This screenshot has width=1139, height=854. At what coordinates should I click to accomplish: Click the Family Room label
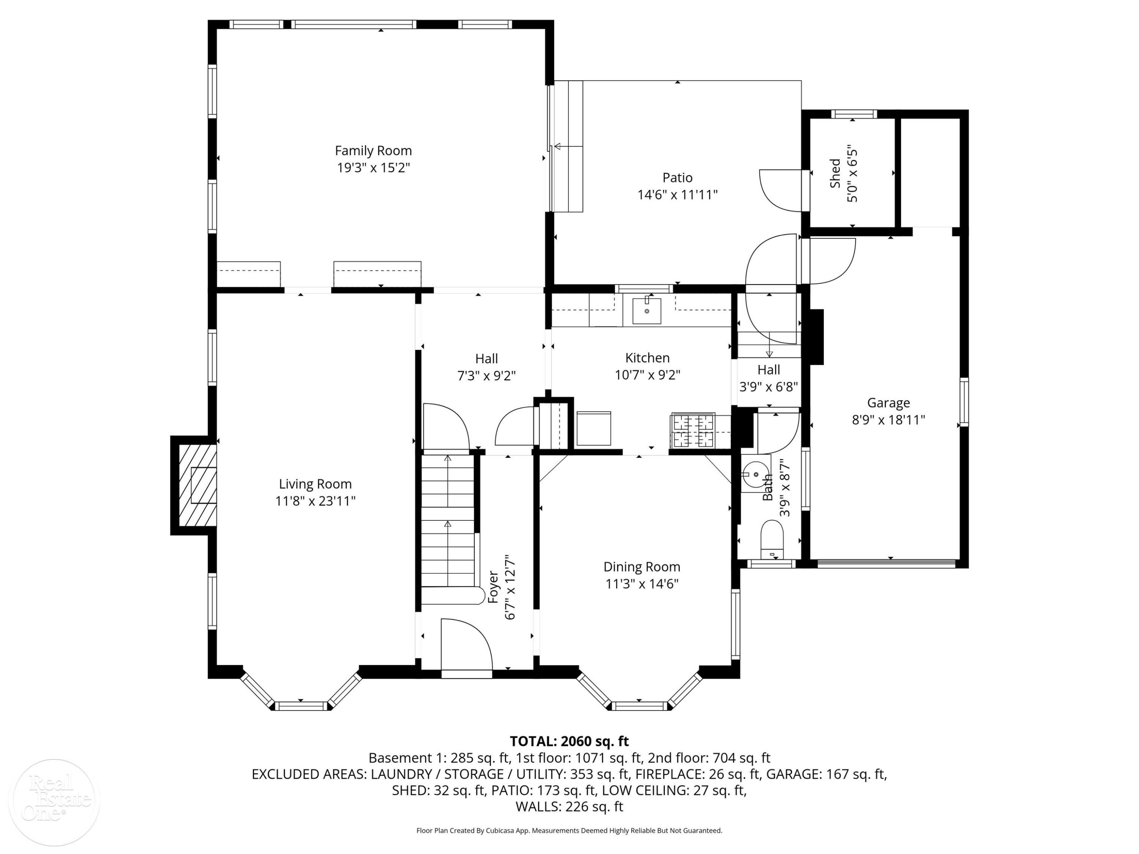373,151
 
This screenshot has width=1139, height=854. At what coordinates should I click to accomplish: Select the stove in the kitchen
693,431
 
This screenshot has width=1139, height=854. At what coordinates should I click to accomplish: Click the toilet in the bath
771,539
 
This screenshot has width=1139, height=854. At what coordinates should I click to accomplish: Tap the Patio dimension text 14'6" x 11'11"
677,195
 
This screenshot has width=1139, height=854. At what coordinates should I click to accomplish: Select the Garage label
888,403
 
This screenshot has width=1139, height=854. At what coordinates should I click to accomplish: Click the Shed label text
835,173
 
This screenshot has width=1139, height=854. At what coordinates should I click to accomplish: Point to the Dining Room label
642,567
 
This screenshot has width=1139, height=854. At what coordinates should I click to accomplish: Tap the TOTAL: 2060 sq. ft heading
569,741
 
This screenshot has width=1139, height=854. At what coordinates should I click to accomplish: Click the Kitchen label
647,358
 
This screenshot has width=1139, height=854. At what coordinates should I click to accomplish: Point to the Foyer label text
493,587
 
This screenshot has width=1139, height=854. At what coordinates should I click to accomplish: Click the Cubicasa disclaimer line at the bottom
569,830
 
